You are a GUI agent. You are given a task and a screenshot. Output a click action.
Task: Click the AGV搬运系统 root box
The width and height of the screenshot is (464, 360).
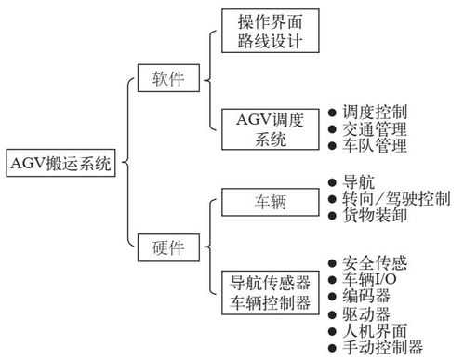pyautogui.click(x=61, y=166)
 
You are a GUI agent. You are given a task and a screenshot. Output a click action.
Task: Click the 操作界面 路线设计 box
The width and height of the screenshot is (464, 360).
pyautogui.click(x=272, y=32)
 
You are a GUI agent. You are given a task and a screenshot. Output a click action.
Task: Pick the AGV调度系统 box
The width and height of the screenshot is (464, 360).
pyautogui.click(x=272, y=127)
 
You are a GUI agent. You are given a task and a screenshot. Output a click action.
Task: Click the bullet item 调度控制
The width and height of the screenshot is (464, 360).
pyautogui.click(x=374, y=111)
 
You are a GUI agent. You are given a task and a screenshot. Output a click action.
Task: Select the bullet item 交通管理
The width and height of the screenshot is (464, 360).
pyautogui.click(x=374, y=128)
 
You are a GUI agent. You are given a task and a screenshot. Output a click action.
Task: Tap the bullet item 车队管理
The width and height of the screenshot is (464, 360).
pyautogui.click(x=374, y=146)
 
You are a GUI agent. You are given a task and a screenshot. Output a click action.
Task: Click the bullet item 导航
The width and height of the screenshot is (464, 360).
pyautogui.click(x=359, y=182)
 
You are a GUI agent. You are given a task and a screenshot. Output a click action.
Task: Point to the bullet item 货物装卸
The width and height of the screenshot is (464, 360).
pyautogui.click(x=374, y=217)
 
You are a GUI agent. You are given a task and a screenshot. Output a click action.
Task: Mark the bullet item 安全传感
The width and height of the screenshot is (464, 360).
pyautogui.click(x=374, y=262)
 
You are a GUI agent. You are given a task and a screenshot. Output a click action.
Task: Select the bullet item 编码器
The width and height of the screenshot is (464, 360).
pyautogui.click(x=366, y=297)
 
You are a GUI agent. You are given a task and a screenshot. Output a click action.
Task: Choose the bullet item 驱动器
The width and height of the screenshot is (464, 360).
pyautogui.click(x=366, y=313)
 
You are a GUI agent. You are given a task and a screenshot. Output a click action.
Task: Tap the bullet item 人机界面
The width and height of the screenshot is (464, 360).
pyautogui.click(x=374, y=331)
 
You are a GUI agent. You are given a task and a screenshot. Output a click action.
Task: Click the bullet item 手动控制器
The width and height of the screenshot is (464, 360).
pyautogui.click(x=381, y=348)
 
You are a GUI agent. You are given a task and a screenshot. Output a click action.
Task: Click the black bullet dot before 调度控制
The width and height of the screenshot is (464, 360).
pyautogui.click(x=332, y=111)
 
